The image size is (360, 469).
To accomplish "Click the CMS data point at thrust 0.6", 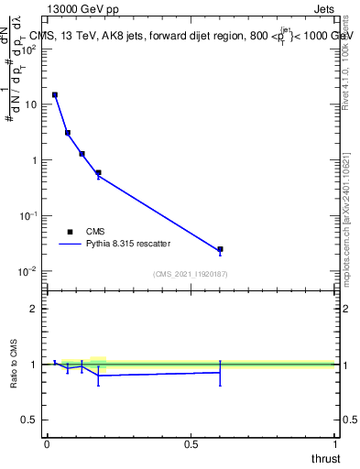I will (x=220, y=249).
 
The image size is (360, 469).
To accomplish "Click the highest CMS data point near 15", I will (x=55, y=94).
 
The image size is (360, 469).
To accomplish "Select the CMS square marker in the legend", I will (x=70, y=232).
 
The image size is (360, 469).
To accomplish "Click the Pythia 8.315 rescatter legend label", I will (x=128, y=245).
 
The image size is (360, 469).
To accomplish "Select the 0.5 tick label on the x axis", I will (x=191, y=443).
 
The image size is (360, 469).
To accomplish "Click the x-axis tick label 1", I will (x=335, y=443).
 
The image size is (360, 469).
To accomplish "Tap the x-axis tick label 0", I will (x=47, y=443).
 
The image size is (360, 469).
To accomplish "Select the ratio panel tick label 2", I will (x=36, y=309).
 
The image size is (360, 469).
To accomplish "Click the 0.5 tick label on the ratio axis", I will (x=31, y=420).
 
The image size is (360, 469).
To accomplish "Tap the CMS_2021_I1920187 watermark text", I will (x=191, y=274).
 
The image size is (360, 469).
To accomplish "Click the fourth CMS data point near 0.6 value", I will (x=98, y=172).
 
